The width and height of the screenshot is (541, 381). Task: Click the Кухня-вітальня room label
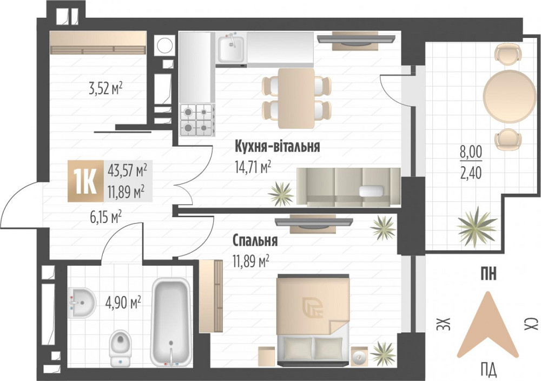click(278, 147)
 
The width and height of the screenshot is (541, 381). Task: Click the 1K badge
click(84, 181)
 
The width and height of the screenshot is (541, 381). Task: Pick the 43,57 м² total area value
click(128, 171)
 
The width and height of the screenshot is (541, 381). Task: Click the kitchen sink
click(232, 49)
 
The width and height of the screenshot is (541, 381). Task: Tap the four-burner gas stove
click(196, 119)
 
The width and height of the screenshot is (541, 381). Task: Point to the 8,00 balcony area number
click(471, 152)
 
